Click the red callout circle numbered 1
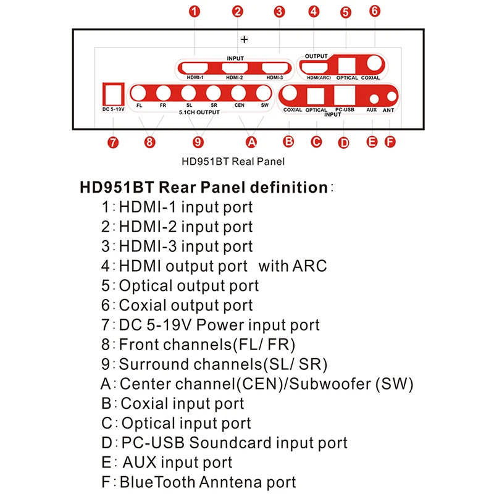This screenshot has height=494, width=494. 195,10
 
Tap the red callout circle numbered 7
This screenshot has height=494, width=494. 112,143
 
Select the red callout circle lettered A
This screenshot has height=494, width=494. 251,142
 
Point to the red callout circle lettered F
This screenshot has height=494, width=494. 389,141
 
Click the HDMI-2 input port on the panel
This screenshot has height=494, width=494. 235,68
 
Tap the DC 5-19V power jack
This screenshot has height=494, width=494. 113,94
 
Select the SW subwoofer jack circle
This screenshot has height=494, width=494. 264,94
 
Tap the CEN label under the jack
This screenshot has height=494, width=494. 240,106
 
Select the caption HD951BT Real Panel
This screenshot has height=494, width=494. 233,163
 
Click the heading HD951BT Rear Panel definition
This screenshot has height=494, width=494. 203,187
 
